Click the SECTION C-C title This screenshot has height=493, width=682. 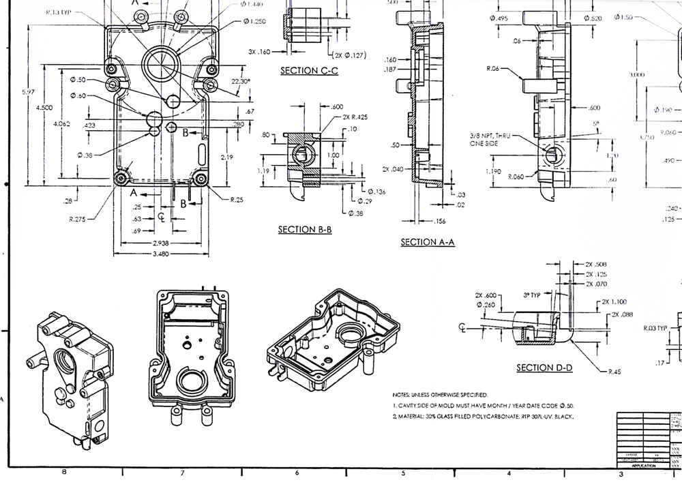tap(309, 70)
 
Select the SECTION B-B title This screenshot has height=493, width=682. tap(304, 230)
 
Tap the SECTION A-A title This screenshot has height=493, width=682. tap(428, 242)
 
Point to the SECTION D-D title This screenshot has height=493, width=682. tap(544, 368)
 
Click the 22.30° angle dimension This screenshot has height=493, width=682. tap(241, 81)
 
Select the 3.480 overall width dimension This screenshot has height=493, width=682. tap(161, 254)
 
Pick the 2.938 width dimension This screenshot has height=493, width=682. tap(161, 243)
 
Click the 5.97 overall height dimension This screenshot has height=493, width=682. tap(29, 91)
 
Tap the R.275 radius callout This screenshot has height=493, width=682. tap(80, 220)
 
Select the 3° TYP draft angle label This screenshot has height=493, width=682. tap(531, 295)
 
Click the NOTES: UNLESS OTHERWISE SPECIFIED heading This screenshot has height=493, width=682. tap(439, 395)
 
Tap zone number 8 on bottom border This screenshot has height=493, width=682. tap(64, 472)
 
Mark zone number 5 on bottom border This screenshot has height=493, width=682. tap(403, 473)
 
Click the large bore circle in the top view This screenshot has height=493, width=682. tap(161, 66)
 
